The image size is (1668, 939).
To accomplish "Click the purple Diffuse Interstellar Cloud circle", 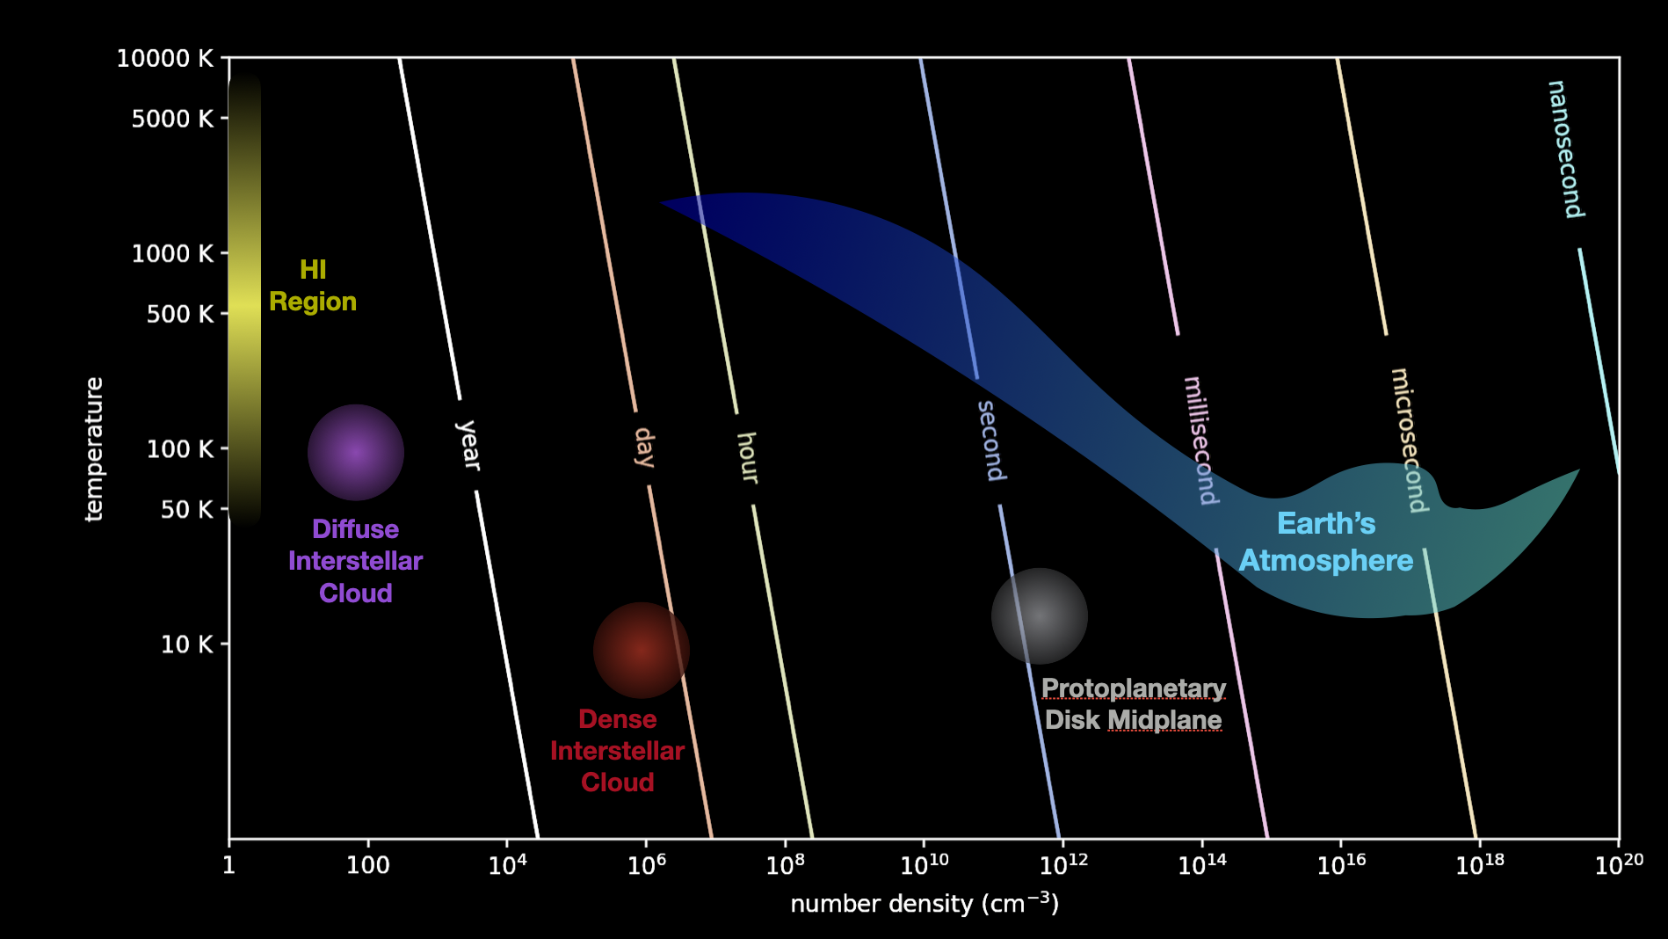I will [x=355, y=452].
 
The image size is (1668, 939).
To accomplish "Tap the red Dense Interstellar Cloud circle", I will [x=641, y=650].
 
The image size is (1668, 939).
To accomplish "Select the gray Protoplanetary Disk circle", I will [x=1039, y=615].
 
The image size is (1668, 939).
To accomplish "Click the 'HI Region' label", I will [x=313, y=286].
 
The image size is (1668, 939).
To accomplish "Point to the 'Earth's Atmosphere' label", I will [x=1326, y=542].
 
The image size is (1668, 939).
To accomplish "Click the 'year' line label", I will [x=468, y=445].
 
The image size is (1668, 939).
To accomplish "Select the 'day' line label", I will [x=645, y=448].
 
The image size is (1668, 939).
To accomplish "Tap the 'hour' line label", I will [x=748, y=457].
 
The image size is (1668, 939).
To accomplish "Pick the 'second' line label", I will [x=991, y=440].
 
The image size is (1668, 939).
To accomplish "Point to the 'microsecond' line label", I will [x=1408, y=440].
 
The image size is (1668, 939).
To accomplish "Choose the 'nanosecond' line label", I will [x=1565, y=149].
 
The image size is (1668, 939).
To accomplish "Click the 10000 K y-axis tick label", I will [x=165, y=59].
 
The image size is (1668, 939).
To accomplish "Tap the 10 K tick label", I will [x=186, y=644].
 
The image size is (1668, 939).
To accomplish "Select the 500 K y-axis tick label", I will [x=179, y=314].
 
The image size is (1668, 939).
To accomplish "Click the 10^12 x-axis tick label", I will [x=1063, y=865].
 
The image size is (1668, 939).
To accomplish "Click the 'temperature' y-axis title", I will [x=94, y=449].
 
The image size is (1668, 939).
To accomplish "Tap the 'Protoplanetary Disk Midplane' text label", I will [x=1133, y=703].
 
